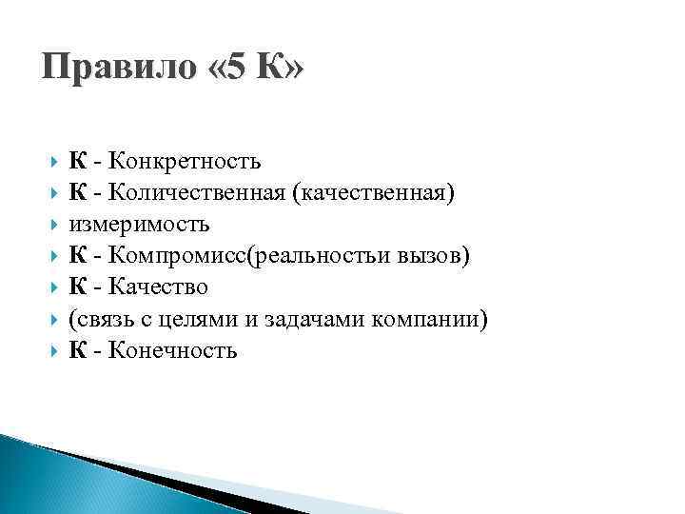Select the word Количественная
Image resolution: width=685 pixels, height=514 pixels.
[x=198, y=194]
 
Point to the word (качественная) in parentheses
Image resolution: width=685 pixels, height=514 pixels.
[x=374, y=194]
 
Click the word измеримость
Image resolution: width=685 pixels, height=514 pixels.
[x=139, y=226]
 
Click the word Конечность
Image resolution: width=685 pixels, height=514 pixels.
[x=172, y=351]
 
